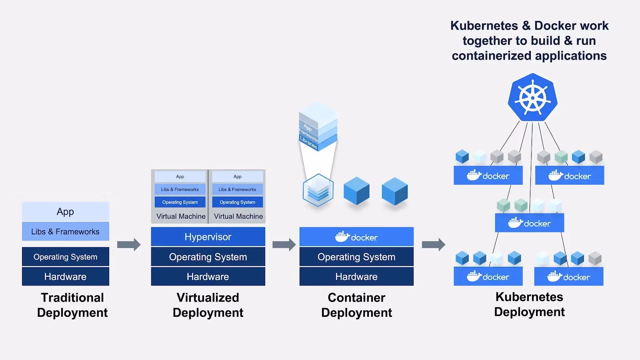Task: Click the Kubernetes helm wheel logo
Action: [532, 98]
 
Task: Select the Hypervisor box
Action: [208, 237]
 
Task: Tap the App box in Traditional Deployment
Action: [65, 212]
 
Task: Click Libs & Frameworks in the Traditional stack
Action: [65, 232]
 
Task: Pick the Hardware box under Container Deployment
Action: [356, 276]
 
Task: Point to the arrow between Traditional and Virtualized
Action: [129, 244]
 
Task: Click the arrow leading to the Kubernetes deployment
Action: [434, 244]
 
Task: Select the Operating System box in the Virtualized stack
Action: [208, 257]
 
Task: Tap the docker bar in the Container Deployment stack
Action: [356, 237]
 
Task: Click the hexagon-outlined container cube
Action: [318, 190]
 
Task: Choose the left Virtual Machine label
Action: [181, 216]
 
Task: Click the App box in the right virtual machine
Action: [238, 176]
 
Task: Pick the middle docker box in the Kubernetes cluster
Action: [529, 223]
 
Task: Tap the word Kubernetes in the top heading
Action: [484, 26]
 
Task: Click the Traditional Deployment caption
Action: [72, 305]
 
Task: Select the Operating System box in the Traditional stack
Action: [65, 257]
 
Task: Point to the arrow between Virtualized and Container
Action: [284, 244]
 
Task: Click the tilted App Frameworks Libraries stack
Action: [318, 128]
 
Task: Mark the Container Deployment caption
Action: [356, 305]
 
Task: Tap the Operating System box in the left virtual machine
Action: [180, 202]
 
